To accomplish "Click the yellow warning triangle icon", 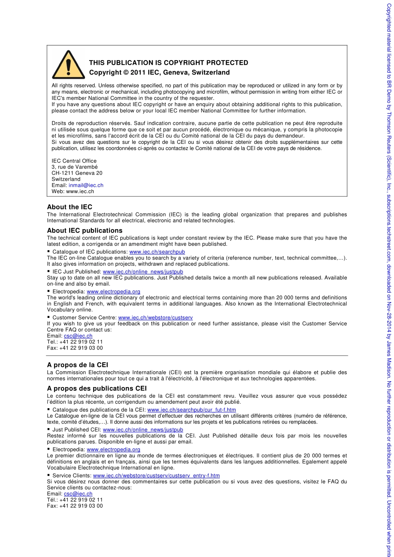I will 68,65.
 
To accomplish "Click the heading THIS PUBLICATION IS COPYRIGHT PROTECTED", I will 168,63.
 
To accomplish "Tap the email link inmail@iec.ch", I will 86,185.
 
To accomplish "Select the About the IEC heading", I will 69,207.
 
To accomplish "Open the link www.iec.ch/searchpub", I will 157,252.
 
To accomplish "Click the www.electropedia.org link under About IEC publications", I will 113,291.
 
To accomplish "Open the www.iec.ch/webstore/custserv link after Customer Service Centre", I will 155,317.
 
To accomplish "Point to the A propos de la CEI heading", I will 77,365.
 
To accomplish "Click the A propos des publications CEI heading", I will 97,388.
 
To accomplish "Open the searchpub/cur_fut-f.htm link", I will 191,409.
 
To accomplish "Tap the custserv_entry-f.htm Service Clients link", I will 156,475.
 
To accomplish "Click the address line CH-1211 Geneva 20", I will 77,173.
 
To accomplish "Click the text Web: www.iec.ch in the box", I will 73,191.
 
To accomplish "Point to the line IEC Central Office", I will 74,161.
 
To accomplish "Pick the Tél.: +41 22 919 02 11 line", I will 75,500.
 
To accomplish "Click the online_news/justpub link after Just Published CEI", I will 143,429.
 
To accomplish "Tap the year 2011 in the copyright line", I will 138,73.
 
